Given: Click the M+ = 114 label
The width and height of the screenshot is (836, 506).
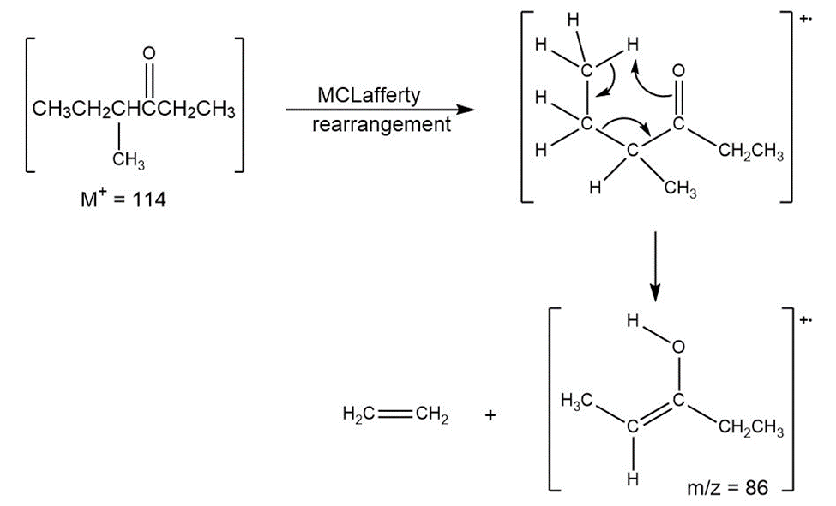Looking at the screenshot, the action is click(123, 199).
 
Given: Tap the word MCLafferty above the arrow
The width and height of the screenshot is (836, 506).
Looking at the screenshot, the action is click(369, 96).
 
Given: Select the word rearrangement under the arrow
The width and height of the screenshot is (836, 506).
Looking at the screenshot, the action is click(382, 125).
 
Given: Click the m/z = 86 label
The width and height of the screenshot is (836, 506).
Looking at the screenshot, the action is click(728, 487).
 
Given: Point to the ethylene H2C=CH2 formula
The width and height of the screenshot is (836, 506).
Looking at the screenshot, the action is click(395, 414).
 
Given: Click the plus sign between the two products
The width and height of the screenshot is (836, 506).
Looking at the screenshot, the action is click(490, 415).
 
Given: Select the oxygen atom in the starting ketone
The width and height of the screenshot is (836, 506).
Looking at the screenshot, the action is click(149, 53).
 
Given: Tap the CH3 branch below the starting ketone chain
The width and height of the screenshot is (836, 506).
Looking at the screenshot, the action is click(129, 159).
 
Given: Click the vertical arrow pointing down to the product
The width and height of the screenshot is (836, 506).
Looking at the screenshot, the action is click(655, 266).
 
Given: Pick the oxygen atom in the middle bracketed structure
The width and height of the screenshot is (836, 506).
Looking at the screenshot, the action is click(678, 71).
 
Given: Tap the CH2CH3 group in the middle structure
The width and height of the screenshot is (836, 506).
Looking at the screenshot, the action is click(751, 152).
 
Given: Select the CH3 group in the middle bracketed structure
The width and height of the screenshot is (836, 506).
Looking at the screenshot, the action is click(680, 188).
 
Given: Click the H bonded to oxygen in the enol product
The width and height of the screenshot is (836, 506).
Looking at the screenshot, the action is click(633, 321).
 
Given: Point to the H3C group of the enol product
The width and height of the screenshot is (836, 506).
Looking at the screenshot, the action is click(577, 400).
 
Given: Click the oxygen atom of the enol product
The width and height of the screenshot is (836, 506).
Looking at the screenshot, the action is click(678, 348).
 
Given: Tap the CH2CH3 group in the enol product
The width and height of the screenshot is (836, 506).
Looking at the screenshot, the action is click(751, 427).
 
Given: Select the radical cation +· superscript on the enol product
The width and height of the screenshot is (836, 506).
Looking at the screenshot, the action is click(805, 320).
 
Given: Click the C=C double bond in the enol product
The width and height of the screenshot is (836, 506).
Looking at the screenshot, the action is click(655, 414).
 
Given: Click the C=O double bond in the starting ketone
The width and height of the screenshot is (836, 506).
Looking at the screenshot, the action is click(149, 80).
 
